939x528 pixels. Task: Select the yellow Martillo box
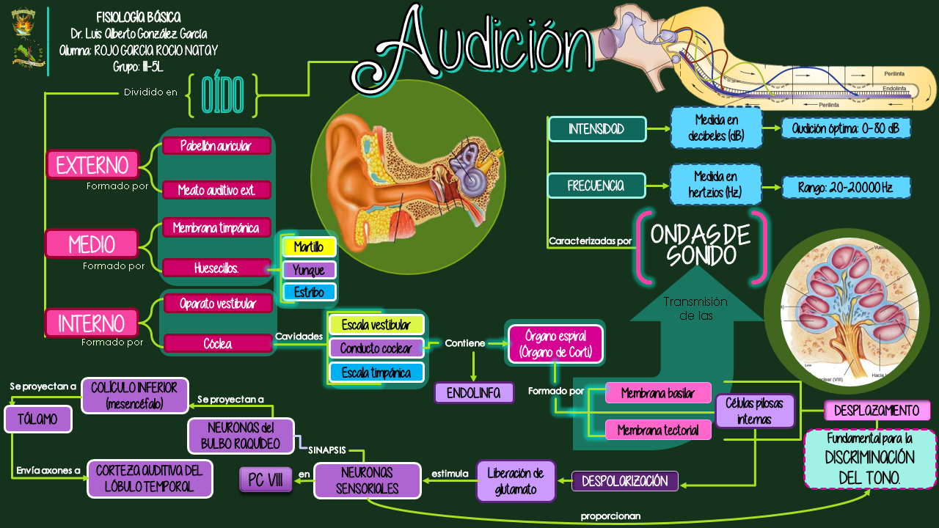pyautogui.click(x=309, y=247)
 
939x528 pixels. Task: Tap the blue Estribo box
pyautogui.click(x=309, y=292)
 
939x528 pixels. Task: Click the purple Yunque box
pyautogui.click(x=309, y=270)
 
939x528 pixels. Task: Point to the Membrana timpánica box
pyautogui.click(x=216, y=227)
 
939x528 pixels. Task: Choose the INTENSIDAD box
pyautogui.click(x=596, y=129)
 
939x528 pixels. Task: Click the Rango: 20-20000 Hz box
pyautogui.click(x=846, y=188)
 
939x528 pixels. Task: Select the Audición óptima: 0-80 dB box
pyautogui.click(x=846, y=128)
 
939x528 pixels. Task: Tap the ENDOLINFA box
pyautogui.click(x=474, y=393)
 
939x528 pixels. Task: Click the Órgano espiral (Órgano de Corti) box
pyautogui.click(x=555, y=345)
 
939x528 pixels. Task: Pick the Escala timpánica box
pyautogui.click(x=376, y=373)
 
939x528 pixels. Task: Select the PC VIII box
pyautogui.click(x=266, y=480)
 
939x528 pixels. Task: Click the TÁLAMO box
pyautogui.click(x=38, y=419)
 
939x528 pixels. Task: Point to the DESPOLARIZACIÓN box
pyautogui.click(x=625, y=481)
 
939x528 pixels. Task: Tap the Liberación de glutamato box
pyautogui.click(x=516, y=481)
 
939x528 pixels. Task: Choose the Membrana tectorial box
pyautogui.click(x=658, y=430)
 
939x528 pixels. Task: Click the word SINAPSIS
pyautogui.click(x=327, y=450)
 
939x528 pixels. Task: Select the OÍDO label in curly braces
pyautogui.click(x=222, y=95)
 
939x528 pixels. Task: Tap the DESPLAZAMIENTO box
pyautogui.click(x=877, y=410)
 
